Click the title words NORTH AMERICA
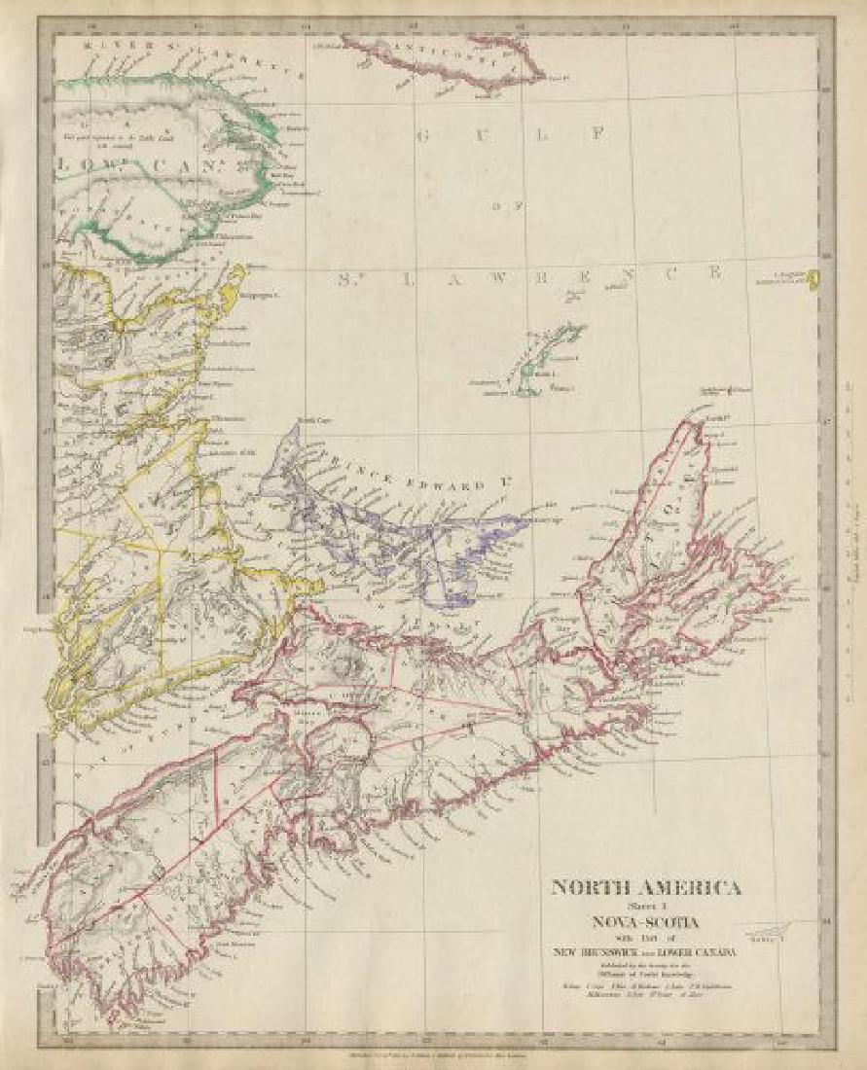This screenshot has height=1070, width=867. tap(646, 887)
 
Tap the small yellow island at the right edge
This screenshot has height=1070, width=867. tap(812, 281)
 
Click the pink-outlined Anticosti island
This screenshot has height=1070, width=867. tap(443, 58)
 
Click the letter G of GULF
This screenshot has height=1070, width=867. tap(422, 135)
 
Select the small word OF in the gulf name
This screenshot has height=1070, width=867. tap(517, 205)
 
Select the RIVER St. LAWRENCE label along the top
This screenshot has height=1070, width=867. tap(146, 45)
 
